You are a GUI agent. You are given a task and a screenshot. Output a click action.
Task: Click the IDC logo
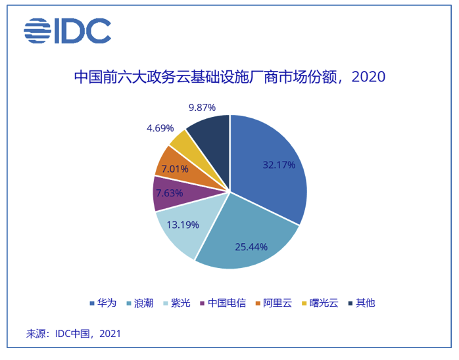[67, 31]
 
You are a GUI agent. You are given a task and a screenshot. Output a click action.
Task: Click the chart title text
[229, 77]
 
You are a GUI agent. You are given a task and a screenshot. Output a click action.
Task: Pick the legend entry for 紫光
[175, 303]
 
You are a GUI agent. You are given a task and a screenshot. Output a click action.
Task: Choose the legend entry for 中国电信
[222, 303]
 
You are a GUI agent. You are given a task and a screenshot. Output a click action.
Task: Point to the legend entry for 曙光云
[319, 303]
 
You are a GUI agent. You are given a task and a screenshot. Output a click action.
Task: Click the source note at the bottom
[74, 334]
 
